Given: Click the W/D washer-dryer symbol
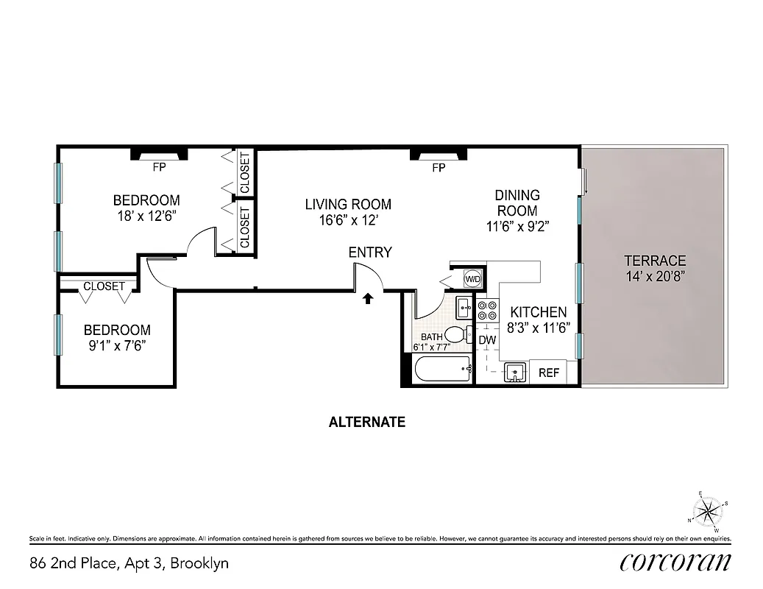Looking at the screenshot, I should pos(472,279).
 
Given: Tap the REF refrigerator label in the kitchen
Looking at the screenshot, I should pos(549,373).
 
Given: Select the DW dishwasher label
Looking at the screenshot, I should pos(487,340).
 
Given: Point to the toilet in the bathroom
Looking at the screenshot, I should pos(458,335).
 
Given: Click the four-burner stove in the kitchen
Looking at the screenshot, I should pos(487,311).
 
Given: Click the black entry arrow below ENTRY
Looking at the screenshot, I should pos(369,298).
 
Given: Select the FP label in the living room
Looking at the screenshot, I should pos(439,168).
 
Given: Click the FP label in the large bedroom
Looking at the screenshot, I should pos(159,167).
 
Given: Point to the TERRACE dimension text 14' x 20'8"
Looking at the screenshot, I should pos(655,276).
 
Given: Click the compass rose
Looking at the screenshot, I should pos(708,510).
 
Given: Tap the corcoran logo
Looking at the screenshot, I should pos(675,562).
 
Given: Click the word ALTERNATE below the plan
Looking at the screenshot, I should pos(366,423).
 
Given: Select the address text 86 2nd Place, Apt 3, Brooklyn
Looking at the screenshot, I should pos(129,563).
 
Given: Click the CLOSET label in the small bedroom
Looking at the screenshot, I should pos(104,286).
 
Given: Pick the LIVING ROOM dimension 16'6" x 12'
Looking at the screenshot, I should pos(348,219).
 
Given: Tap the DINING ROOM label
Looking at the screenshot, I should pos(517,203).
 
